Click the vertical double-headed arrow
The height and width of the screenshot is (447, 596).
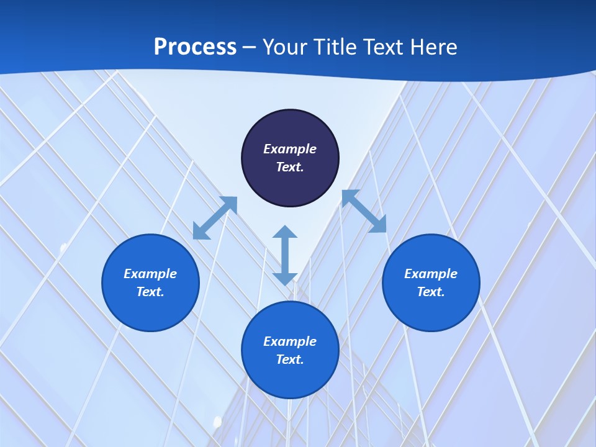pyautogui.click(x=285, y=255)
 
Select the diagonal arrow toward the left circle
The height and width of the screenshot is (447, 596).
pyautogui.click(x=215, y=218)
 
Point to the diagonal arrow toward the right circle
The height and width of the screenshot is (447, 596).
pyautogui.click(x=364, y=211)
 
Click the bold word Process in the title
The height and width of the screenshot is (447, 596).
pyautogui.click(x=195, y=47)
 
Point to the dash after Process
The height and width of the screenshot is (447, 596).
pyautogui.click(x=249, y=48)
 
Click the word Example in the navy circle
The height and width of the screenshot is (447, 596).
pyautogui.click(x=290, y=149)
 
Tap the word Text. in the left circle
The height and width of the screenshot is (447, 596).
pyautogui.click(x=150, y=292)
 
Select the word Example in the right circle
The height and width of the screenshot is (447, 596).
pyautogui.click(x=431, y=274)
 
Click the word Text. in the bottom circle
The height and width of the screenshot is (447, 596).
pyautogui.click(x=290, y=359)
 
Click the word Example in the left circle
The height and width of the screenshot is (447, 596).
pyautogui.click(x=150, y=274)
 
